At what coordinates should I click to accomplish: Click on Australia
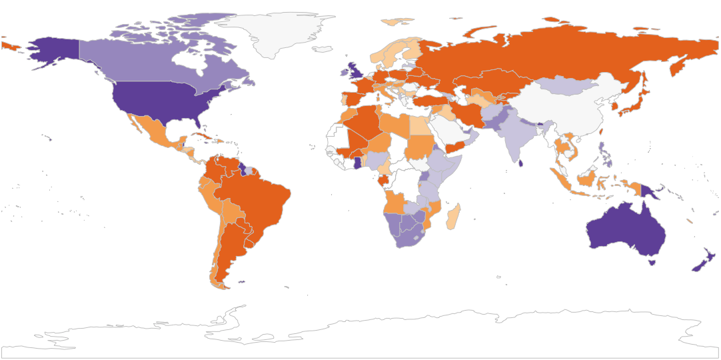pos(626,230)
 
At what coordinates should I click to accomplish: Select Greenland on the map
pos(280,33)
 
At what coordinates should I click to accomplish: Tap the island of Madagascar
pos(453,216)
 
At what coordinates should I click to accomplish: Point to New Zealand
pos(704,261)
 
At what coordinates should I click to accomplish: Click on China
pos(566,110)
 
